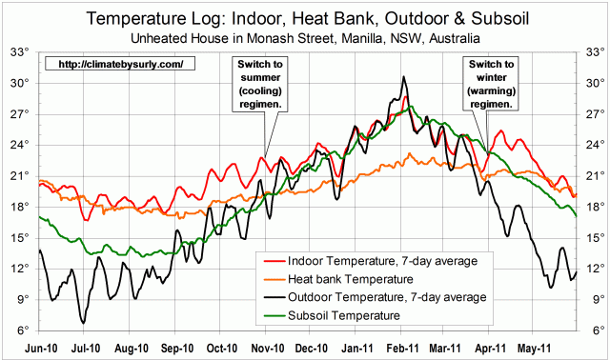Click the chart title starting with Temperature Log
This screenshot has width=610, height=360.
304,18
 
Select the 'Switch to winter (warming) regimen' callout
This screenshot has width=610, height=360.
490,82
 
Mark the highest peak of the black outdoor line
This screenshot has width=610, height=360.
404,77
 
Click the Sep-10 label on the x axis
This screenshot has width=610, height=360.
177,348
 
